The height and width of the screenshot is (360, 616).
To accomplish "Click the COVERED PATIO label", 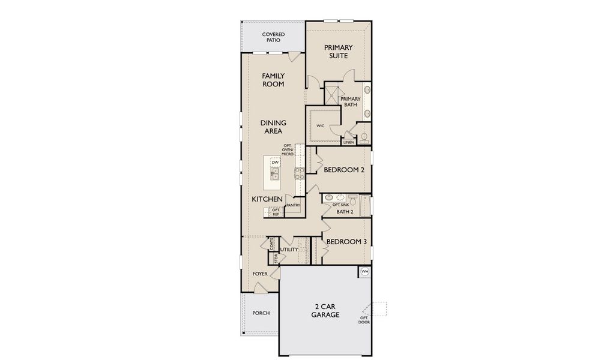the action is coord(273,37).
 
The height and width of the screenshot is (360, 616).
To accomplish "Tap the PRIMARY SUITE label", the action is coord(338,52).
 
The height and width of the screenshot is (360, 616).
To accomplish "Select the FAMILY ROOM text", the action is coord(273,80).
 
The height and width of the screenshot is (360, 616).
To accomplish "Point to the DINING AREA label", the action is coord(273,127).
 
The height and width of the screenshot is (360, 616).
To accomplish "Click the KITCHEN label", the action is coord(267,199).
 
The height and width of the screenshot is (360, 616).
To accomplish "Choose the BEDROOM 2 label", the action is coord(344,170).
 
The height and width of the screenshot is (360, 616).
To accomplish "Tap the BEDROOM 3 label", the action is coord(346,242).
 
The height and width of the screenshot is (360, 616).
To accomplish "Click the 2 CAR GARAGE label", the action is coord(325,311).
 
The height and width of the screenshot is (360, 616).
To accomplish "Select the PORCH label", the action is coord(261,313).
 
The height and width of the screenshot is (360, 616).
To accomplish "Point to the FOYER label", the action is coord(260,274).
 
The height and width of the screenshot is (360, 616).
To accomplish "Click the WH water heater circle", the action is coord(365,272).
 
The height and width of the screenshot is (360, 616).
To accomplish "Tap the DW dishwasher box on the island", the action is coord(275,163).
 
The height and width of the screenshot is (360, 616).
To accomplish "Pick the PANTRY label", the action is coord(293,205).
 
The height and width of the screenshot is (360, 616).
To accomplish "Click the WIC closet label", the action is coord(320,126).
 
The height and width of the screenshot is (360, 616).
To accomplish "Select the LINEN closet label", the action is coord(348,142).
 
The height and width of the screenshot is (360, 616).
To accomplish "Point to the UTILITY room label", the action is coord(289,250).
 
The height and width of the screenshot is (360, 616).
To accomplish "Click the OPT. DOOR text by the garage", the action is coord(364,320).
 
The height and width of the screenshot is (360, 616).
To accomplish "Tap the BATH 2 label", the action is coord(345,212).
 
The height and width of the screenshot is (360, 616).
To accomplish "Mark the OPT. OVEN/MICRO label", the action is coord(288,149).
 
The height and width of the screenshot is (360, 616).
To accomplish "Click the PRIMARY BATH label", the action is coord(351,101).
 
